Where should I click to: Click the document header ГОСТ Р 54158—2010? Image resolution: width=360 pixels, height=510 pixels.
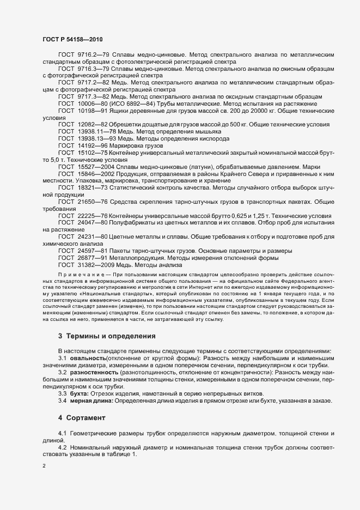point(72,39)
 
